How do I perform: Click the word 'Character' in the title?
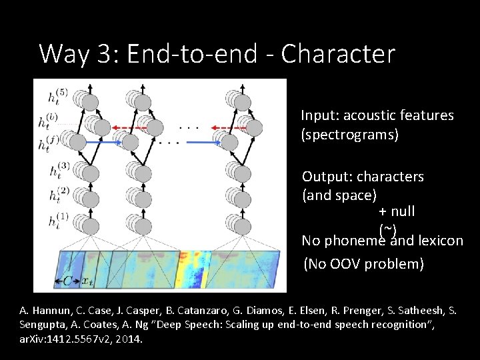338,53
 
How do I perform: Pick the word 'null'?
403,211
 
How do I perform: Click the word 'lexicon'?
441,240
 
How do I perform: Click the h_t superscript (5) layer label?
57,97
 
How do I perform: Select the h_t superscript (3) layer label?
58,169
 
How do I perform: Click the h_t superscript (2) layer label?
58,195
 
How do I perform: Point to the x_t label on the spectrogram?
87,281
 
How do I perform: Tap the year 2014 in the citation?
126,339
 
